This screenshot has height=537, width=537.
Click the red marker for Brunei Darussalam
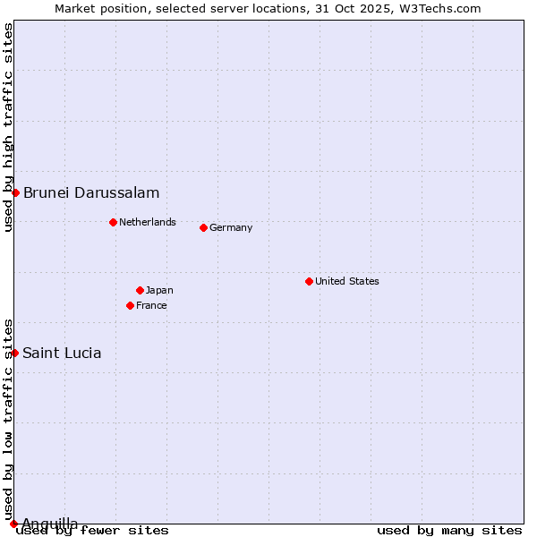point(15,193)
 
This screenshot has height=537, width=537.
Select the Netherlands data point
point(113,222)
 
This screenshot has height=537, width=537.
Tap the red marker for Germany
point(203,227)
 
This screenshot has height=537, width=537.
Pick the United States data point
point(309,281)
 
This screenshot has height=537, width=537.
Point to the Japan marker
point(140,290)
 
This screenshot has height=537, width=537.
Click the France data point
point(131,305)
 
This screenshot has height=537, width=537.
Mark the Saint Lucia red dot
point(14,353)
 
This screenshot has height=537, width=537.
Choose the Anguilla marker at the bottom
point(13,524)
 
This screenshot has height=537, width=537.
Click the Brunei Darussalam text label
point(91,193)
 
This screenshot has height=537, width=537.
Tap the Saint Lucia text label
point(62,353)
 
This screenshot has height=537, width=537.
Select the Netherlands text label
point(148,222)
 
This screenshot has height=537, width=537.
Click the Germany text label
point(231,227)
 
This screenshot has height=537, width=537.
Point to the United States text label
point(347,281)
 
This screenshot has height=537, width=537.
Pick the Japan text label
point(159,290)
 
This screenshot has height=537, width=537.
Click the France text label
point(151,305)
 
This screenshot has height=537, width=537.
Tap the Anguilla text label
point(49,524)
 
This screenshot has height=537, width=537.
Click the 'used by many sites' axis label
point(449,530)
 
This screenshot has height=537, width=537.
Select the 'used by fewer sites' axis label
point(93,530)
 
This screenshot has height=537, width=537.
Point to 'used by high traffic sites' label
point(8,128)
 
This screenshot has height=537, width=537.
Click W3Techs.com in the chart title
point(438,8)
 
